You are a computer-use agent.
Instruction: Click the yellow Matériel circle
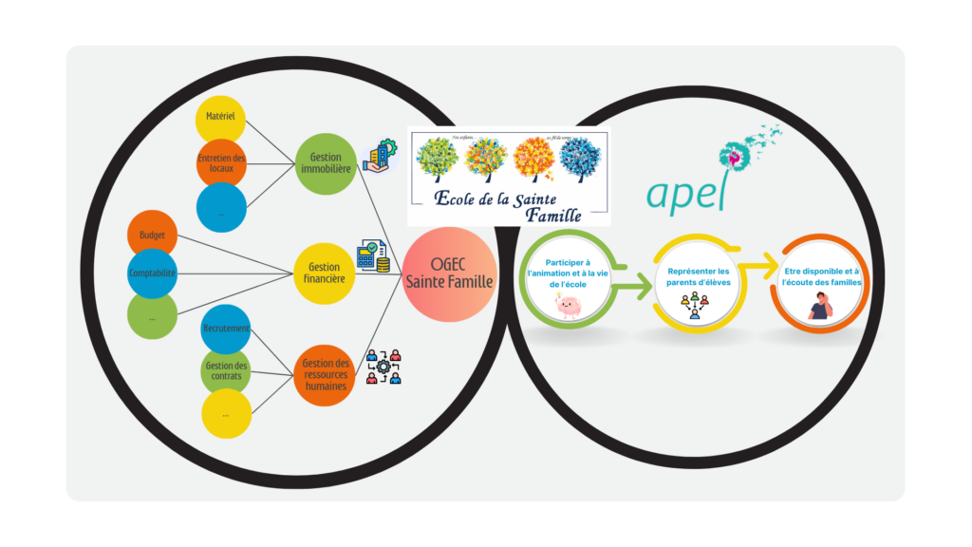click(220, 117)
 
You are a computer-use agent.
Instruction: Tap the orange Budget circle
click(152, 233)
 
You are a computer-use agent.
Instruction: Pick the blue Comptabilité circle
click(152, 273)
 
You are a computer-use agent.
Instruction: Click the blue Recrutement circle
click(226, 329)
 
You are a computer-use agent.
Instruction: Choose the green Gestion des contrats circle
click(226, 370)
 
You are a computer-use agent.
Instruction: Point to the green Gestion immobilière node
click(326, 162)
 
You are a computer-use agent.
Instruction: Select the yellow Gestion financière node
click(326, 273)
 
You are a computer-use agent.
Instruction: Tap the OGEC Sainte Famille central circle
click(450, 274)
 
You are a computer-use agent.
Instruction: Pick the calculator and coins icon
click(372, 256)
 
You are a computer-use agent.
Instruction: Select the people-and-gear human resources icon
click(383, 367)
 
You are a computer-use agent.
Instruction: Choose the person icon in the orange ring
click(819, 305)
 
